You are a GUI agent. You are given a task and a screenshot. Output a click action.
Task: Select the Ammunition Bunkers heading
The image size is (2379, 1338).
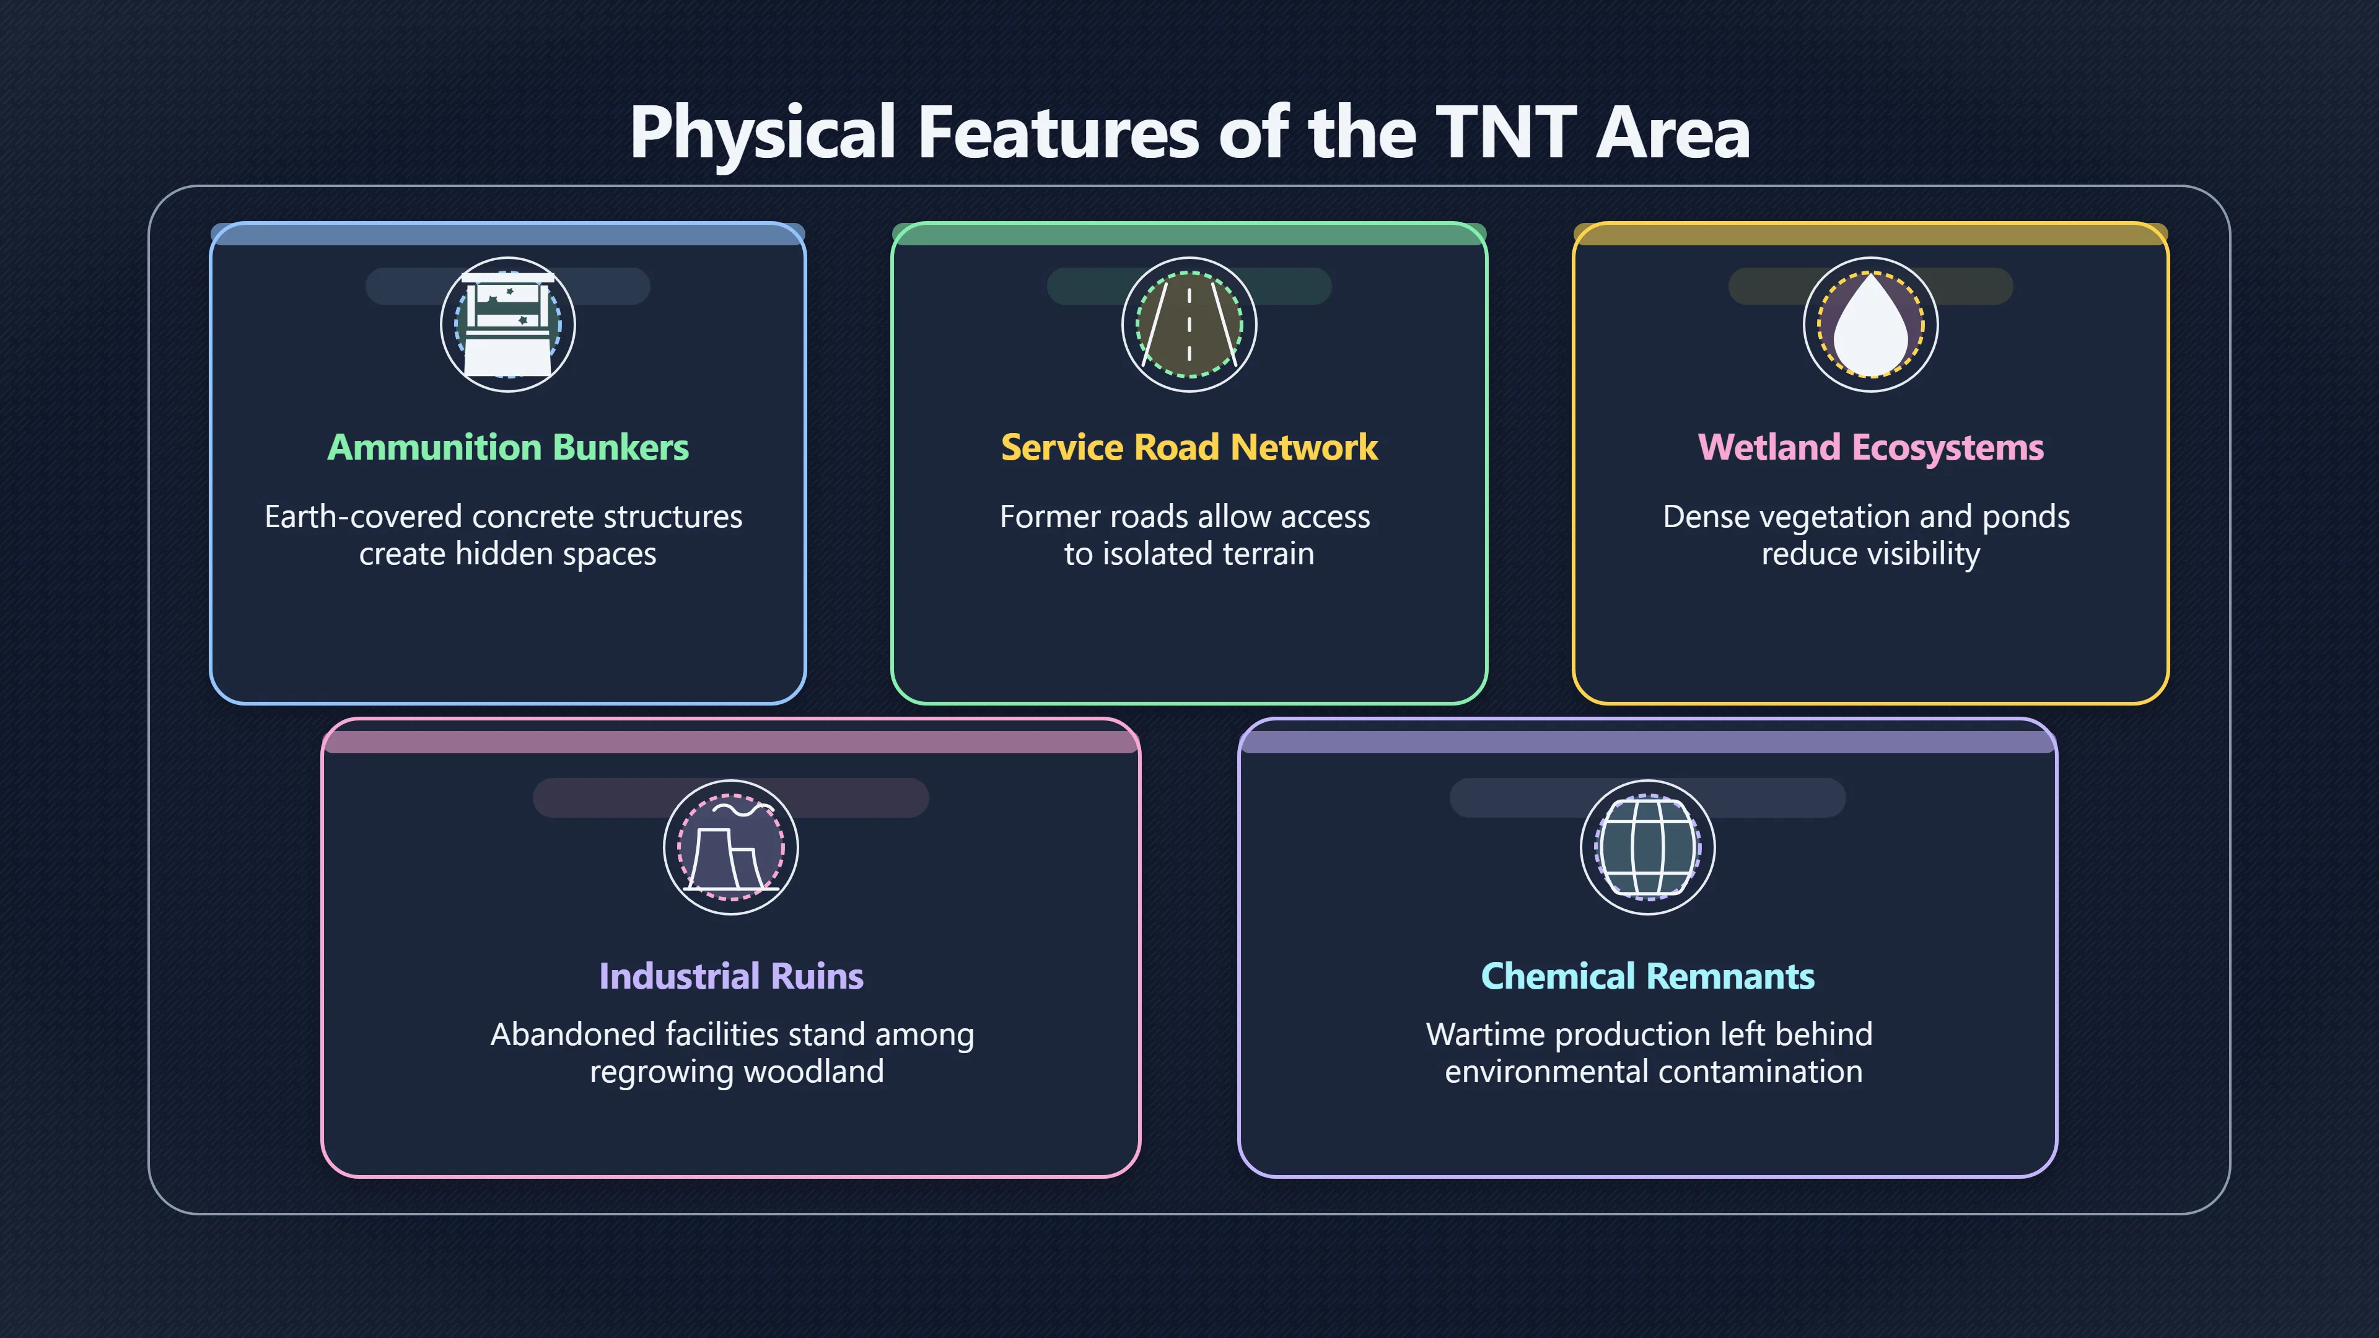(508, 447)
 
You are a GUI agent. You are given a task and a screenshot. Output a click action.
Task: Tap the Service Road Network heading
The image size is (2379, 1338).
(1189, 447)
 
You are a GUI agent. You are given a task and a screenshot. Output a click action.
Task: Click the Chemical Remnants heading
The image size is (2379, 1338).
(1647, 976)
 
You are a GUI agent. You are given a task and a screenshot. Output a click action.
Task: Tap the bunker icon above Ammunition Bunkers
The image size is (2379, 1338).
(508, 324)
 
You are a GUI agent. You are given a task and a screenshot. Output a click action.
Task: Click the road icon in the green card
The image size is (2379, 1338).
(1189, 324)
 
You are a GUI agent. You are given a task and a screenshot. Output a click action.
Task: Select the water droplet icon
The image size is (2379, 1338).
(1871, 324)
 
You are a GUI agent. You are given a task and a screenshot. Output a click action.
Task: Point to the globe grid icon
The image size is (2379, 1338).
(1647, 847)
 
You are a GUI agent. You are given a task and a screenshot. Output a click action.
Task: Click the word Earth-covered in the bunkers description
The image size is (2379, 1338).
(363, 517)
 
